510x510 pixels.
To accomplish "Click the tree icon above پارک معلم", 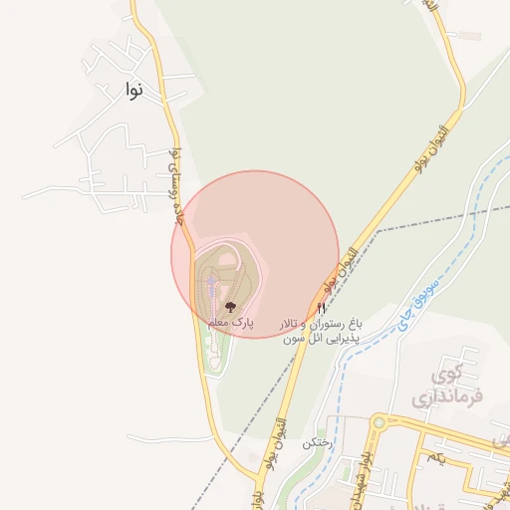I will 231,307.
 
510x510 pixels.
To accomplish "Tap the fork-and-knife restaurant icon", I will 321,308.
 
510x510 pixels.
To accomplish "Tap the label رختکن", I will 315,440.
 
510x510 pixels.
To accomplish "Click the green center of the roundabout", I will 379,422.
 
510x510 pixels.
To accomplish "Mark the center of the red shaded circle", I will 255,254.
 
